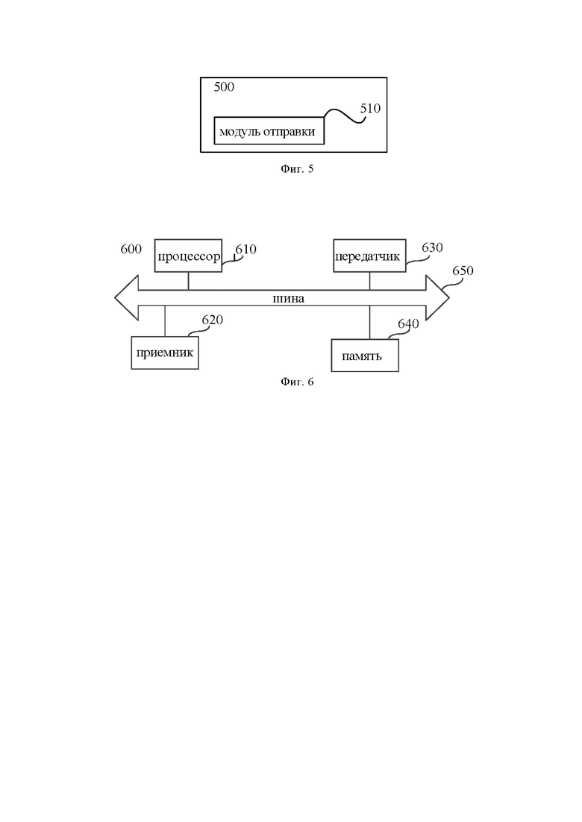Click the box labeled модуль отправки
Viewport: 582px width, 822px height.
coord(269,130)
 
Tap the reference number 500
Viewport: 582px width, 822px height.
coord(224,87)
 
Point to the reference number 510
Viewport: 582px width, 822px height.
coord(370,109)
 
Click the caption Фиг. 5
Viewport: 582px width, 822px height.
coord(297,169)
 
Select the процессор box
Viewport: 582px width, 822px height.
coord(188,256)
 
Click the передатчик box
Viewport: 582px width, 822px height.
coord(369,256)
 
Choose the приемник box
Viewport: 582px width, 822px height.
coord(165,352)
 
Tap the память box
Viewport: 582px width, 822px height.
coord(365,355)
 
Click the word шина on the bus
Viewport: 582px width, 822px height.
coord(289,299)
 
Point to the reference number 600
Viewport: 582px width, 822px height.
coord(131,248)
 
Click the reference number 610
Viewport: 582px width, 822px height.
coord(245,249)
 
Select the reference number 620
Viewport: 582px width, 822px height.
coord(213,320)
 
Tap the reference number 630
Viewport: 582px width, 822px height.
coord(433,247)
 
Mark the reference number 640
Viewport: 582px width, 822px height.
coord(408,323)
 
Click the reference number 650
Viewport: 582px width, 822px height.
coord(463,271)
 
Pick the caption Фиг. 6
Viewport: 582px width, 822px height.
coord(297,382)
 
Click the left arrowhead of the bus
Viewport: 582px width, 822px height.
coord(127,298)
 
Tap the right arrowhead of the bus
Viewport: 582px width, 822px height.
coord(437,298)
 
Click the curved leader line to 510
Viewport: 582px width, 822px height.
coord(344,116)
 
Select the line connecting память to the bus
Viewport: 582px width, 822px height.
coord(369,323)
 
